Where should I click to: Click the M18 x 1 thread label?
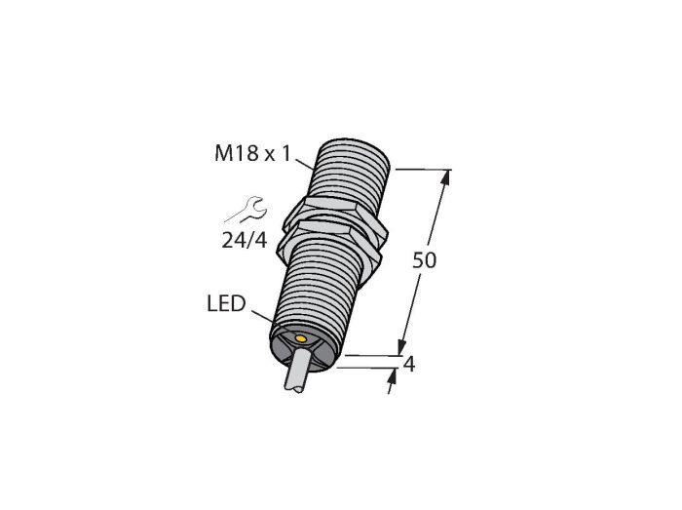click(x=252, y=154)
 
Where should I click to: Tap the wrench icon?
click(x=247, y=210)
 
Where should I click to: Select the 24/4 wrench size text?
click(x=244, y=240)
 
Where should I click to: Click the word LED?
click(x=226, y=303)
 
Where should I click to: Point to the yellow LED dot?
click(x=300, y=338)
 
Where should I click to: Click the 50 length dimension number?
click(x=424, y=260)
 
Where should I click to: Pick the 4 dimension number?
click(x=409, y=365)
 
